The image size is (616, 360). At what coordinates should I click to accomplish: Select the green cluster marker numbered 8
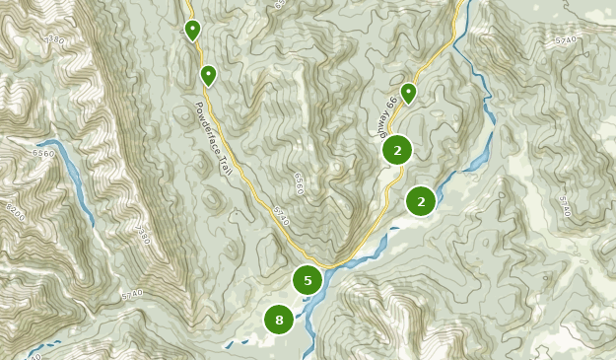pyautogui.click(x=279, y=320)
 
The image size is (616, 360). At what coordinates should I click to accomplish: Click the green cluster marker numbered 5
pyautogui.click(x=308, y=280)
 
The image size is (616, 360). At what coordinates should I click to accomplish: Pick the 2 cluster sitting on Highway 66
pyautogui.click(x=397, y=150)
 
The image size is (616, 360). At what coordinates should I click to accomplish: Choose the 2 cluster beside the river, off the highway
pyautogui.click(x=421, y=200)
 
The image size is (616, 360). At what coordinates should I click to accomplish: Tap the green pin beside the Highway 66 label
pyautogui.click(x=408, y=93)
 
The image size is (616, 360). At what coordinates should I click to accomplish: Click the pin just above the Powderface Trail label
pyautogui.click(x=208, y=75)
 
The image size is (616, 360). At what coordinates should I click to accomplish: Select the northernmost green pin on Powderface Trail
pyautogui.click(x=192, y=30)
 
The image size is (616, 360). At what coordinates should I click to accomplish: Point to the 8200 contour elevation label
pyautogui.click(x=13, y=211)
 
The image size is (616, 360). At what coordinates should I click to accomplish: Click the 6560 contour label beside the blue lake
pyautogui.click(x=43, y=154)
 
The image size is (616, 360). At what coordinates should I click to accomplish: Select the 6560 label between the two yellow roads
pyautogui.click(x=297, y=183)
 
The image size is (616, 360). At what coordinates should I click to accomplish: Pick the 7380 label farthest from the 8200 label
pyautogui.click(x=54, y=40)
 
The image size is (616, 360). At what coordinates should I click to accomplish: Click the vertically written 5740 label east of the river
pyautogui.click(x=564, y=205)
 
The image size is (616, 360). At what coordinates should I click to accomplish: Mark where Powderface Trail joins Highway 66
pyautogui.click(x=335, y=265)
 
